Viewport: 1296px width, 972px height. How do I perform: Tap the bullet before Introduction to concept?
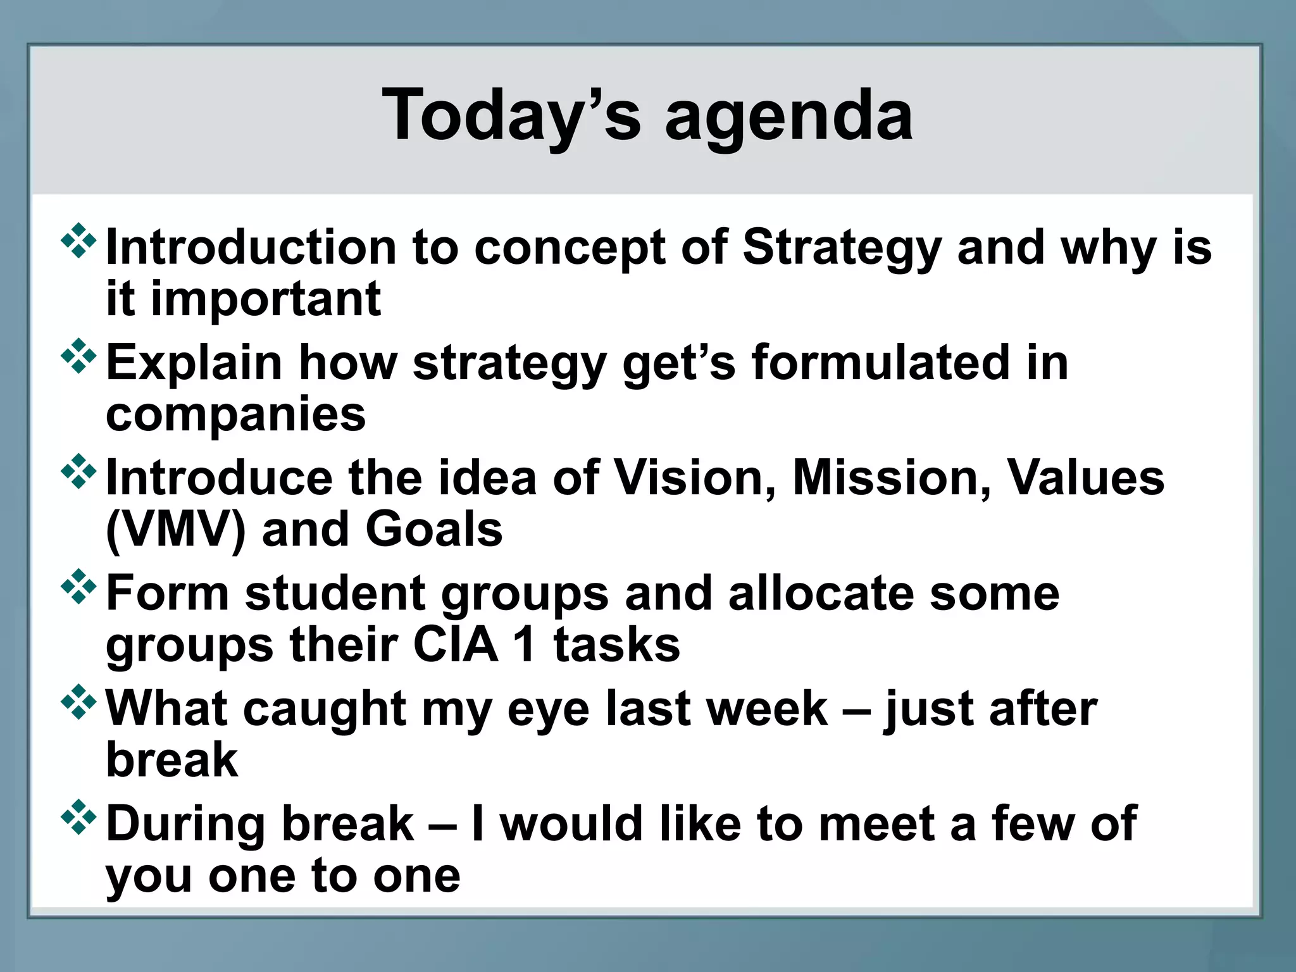[x=78, y=240]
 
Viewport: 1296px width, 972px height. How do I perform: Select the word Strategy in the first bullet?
[x=841, y=247]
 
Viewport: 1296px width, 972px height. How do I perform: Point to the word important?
[x=266, y=299]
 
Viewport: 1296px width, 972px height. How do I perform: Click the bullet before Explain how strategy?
[x=78, y=356]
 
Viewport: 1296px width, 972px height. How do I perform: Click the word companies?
[x=235, y=415]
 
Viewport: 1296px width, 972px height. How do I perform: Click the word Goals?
[x=434, y=530]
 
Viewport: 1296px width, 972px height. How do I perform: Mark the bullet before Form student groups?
[x=78, y=587]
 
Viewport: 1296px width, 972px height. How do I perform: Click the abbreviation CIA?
[x=456, y=645]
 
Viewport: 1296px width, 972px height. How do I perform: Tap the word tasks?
[x=616, y=645]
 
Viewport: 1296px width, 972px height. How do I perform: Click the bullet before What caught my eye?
[x=78, y=702]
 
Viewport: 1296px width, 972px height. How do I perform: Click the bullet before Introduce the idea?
[x=78, y=471]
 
